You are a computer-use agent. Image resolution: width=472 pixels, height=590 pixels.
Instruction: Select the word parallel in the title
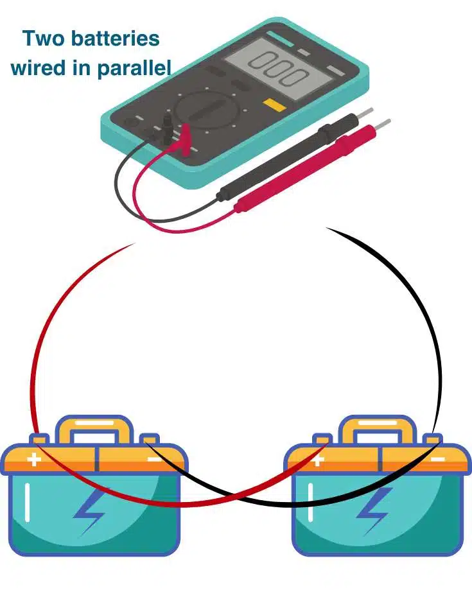[x=134, y=68]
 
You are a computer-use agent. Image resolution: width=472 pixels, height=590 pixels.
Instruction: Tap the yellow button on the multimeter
[x=275, y=105]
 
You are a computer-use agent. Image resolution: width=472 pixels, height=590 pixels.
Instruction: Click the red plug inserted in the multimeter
[x=186, y=133]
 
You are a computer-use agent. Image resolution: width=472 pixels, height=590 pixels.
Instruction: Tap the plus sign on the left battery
[x=33, y=460]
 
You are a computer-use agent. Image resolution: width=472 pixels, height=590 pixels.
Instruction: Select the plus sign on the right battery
[x=317, y=460]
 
